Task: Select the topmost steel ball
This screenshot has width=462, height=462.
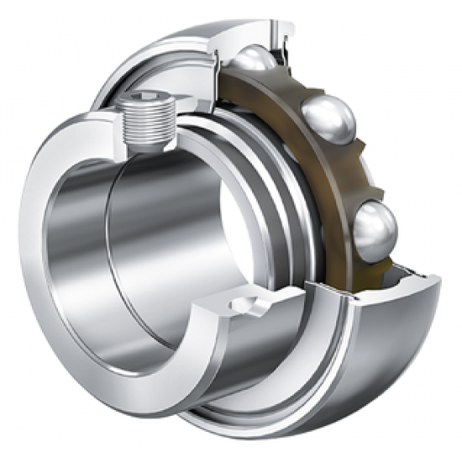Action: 252,60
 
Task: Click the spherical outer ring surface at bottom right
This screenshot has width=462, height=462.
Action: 395,336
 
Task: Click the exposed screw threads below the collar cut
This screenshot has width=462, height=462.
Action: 146,139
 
